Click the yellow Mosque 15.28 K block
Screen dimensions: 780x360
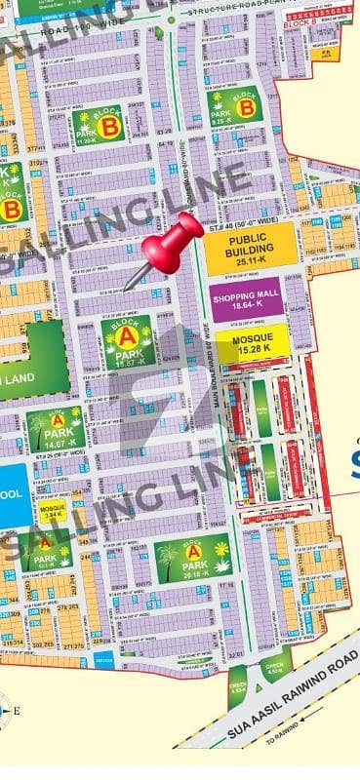click(252, 341)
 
